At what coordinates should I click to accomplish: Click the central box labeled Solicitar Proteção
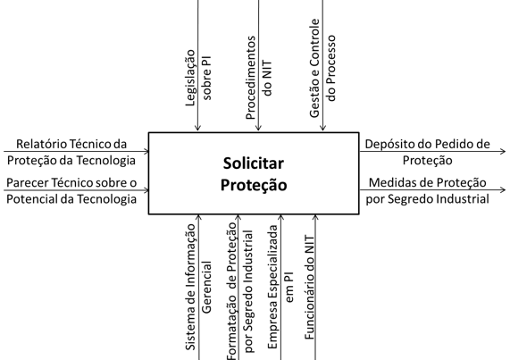[x=254, y=173]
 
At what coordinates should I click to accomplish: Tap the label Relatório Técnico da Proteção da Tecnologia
[x=71, y=152]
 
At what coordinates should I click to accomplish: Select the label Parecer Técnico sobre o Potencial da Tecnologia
[x=71, y=191]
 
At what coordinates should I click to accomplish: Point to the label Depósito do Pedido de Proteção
[x=428, y=152]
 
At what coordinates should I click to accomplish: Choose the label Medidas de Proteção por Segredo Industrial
[x=428, y=191]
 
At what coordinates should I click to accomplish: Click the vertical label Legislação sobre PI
[x=198, y=78]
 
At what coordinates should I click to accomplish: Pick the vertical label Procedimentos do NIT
[x=259, y=78]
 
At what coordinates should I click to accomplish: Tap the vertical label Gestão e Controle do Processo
[x=322, y=68]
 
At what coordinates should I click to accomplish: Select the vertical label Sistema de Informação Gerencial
[x=198, y=287]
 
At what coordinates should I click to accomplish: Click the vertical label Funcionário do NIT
[x=309, y=288]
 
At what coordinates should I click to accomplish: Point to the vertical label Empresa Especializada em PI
[x=280, y=287]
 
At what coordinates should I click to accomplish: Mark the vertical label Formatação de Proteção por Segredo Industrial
[x=239, y=291]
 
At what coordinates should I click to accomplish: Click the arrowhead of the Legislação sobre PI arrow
[x=197, y=128]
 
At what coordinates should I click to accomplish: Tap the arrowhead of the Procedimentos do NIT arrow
[x=258, y=128]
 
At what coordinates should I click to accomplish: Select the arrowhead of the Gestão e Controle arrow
[x=322, y=128]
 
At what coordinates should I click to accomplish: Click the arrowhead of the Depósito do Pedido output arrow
[x=503, y=151]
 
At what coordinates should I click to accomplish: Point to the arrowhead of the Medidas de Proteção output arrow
[x=503, y=190]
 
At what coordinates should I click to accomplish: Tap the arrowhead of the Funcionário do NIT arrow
[x=315, y=218]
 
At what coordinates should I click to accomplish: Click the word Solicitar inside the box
[x=254, y=163]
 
